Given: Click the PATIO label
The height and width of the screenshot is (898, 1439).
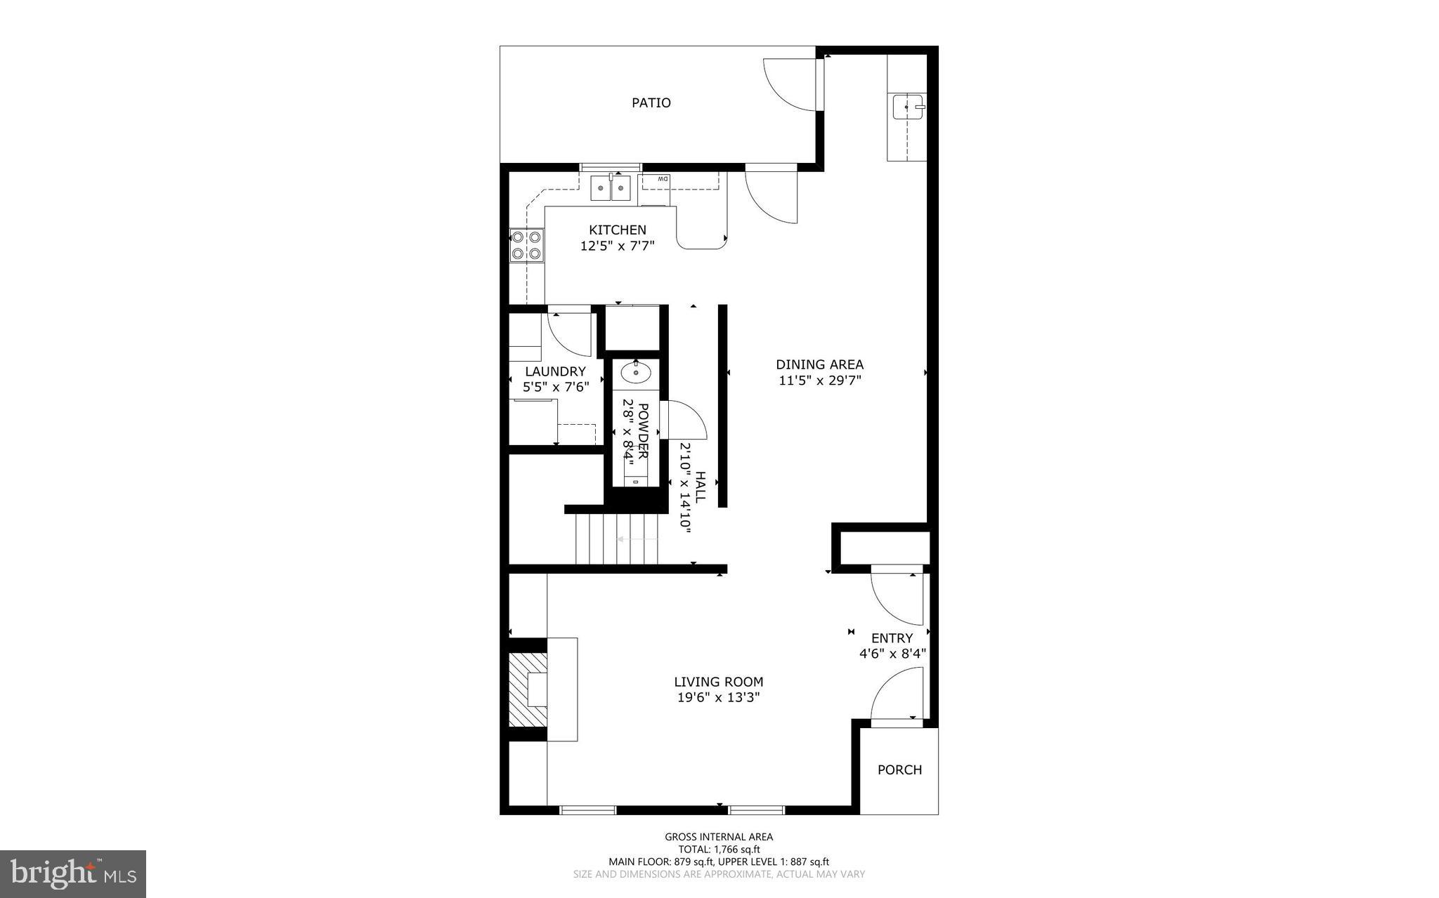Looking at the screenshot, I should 651,103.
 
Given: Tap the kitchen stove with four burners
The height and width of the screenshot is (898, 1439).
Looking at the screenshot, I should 526,245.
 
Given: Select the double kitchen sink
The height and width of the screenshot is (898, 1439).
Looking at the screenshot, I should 611,187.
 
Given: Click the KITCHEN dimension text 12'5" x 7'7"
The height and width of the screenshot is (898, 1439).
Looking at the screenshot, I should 618,246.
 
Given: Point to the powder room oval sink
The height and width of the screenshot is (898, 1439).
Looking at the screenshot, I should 636,373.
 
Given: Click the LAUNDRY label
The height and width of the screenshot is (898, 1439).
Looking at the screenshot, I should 555,371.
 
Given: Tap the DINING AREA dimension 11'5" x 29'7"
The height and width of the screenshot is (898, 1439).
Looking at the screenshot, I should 819,381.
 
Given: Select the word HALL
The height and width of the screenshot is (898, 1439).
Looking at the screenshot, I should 701,486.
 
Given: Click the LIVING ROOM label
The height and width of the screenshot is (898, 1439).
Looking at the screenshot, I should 718,682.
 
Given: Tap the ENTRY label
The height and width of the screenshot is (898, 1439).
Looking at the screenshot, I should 892,638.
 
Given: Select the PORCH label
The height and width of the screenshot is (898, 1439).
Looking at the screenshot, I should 899,770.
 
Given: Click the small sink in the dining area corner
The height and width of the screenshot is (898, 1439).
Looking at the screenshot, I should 909,107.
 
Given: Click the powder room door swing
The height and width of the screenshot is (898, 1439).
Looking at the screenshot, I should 685,421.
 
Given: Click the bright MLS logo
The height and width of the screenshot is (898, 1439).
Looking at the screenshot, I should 73,873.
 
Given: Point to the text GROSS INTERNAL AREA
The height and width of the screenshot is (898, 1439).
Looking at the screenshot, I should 719,836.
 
